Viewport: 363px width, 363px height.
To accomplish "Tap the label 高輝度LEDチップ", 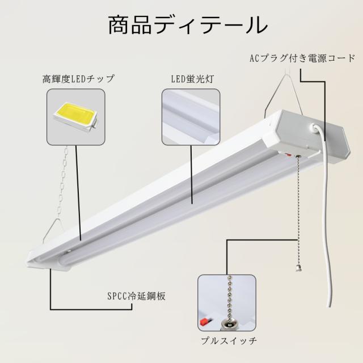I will (x=78, y=78).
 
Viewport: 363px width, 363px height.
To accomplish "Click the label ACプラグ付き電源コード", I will (x=302, y=57).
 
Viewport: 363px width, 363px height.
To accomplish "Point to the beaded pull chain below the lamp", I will (x=294, y=210).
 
